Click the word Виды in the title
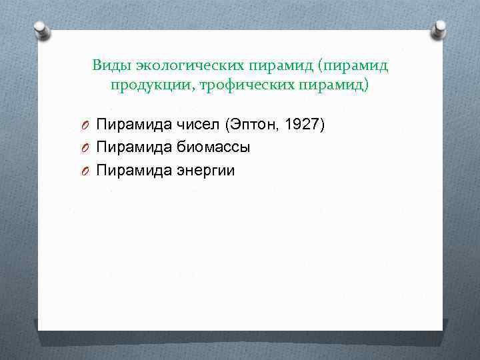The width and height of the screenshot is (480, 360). pos(111,65)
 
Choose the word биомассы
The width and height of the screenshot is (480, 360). pos(213,147)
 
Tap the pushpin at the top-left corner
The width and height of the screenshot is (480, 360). pos(42,30)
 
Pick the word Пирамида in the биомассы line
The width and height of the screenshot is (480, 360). pos(134,147)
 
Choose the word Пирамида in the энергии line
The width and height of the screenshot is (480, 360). pos(134,171)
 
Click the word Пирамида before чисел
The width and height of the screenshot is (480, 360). pos(134,124)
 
